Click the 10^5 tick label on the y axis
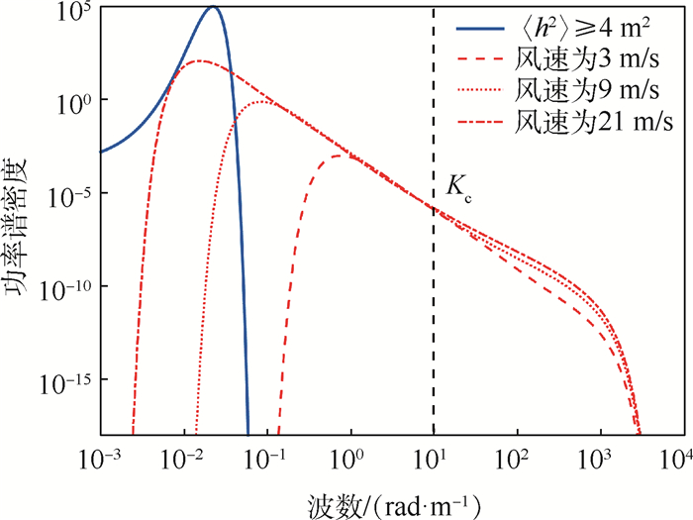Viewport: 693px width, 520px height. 75,11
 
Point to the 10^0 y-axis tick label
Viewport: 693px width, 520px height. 75,102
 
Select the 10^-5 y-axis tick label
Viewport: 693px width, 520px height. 70,194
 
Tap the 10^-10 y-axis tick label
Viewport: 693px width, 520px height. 67,287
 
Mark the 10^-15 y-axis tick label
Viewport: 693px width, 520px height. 67,379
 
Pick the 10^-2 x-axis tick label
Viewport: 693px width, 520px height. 183,461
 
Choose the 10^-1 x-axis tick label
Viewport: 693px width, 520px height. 266,461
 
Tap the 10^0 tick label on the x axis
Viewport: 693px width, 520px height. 350,461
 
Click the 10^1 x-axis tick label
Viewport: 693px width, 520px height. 434,461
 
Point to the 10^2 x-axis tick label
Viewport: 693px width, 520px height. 516,461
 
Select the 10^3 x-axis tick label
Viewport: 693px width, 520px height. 599,461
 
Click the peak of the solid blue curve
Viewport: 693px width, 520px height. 213,8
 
